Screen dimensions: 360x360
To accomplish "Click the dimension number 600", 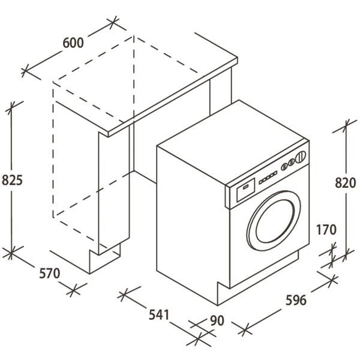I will point(72,43).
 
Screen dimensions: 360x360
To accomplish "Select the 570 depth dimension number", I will point(50,274).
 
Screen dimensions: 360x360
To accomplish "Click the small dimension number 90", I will point(217,321).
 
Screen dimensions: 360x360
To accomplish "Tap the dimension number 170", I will point(326,230).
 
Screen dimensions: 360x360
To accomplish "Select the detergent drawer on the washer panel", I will point(245,191).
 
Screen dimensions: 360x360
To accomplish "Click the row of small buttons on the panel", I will point(269,176).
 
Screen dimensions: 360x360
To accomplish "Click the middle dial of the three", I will point(293,161).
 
